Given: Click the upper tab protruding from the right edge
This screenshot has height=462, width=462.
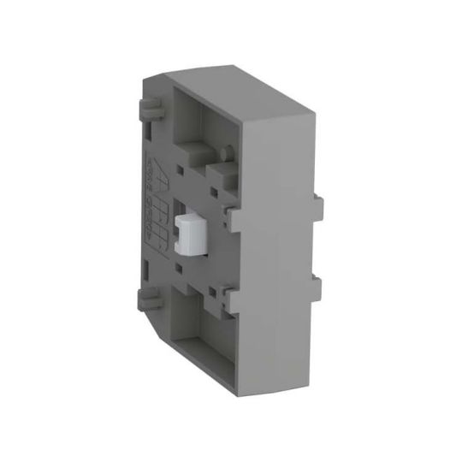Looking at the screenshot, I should pos(318,210).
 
